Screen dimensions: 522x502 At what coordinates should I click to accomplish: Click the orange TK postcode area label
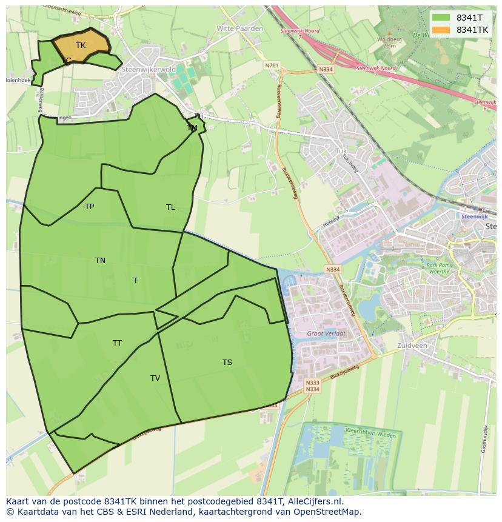[x=81, y=45]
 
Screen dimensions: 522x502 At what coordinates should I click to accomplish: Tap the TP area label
[x=89, y=207]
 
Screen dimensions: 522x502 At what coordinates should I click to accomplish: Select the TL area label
[x=170, y=207]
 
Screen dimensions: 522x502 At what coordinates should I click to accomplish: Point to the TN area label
[x=100, y=261]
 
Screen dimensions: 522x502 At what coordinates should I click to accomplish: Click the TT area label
[x=117, y=343]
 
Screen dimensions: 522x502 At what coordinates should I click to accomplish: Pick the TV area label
[x=155, y=378]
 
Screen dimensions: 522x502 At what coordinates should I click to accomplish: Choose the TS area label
[x=227, y=363]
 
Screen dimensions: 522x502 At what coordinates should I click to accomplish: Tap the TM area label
[x=192, y=128]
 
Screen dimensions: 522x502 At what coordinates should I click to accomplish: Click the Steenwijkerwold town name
[x=149, y=70]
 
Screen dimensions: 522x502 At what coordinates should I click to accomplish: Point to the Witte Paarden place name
[x=239, y=28]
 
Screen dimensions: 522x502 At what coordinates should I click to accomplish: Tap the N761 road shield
[x=272, y=65]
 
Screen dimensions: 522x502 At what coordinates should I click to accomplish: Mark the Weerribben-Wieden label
[x=370, y=434]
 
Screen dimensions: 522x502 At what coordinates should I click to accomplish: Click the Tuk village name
[x=340, y=151]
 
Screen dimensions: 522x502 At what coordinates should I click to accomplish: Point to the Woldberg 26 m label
[x=389, y=42]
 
